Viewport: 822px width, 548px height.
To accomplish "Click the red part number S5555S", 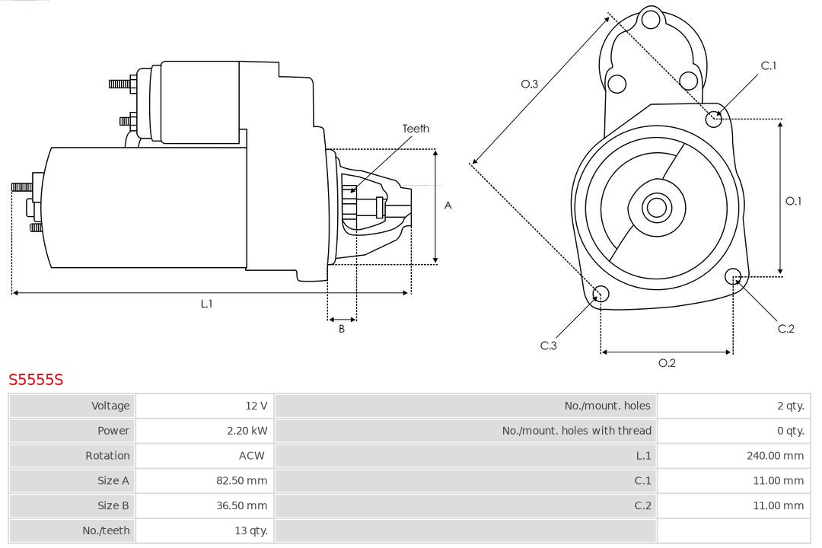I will (x=36, y=379).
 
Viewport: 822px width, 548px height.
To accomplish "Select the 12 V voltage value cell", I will (x=256, y=406).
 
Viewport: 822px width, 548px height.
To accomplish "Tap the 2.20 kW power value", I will (x=247, y=431).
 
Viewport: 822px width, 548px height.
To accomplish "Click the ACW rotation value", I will (x=251, y=456).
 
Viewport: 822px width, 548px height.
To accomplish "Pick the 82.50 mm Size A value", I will (x=241, y=480).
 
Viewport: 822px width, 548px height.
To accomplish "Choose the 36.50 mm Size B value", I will (x=241, y=505).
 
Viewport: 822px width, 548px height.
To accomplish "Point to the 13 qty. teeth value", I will (x=250, y=530).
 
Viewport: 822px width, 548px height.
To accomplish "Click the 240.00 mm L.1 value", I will (x=775, y=456).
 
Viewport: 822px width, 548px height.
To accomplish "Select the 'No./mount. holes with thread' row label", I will (x=576, y=431).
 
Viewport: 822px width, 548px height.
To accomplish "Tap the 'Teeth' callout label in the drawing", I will (x=416, y=129).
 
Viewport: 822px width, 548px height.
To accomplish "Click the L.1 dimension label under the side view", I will (x=206, y=304).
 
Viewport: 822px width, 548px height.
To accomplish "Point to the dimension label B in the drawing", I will (x=342, y=330).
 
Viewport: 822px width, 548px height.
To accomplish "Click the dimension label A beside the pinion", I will (x=448, y=205).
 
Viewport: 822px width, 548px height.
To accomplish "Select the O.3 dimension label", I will (x=530, y=84).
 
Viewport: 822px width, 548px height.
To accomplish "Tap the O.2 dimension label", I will (x=667, y=363).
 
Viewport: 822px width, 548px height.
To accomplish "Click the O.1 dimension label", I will (x=793, y=201).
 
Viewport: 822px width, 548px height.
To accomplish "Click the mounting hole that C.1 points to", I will (x=714, y=119).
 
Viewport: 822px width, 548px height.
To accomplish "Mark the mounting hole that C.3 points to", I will (x=601, y=294).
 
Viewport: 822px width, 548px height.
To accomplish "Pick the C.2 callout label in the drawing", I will (x=785, y=329).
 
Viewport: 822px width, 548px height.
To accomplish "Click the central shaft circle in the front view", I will (x=655, y=207).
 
